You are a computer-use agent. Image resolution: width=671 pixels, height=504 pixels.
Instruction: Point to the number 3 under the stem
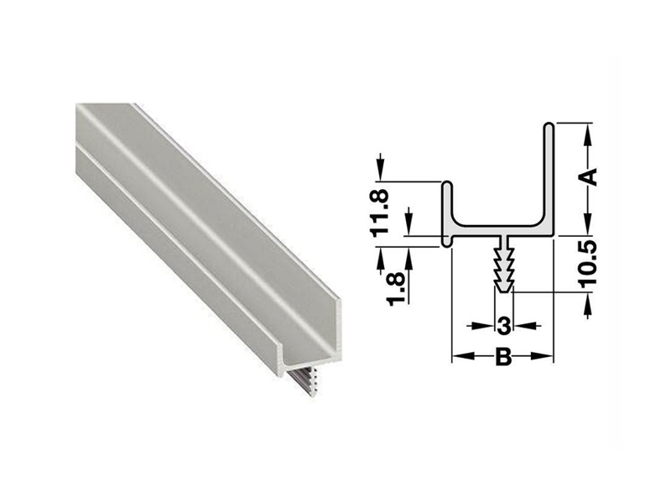point(502,325)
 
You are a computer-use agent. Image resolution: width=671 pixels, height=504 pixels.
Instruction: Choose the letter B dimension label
point(502,357)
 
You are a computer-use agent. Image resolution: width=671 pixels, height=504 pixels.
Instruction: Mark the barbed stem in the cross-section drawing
point(502,265)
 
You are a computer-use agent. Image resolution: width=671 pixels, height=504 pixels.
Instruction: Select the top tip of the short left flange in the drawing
point(449,184)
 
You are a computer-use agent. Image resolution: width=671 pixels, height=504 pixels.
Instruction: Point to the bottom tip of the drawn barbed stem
point(502,290)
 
